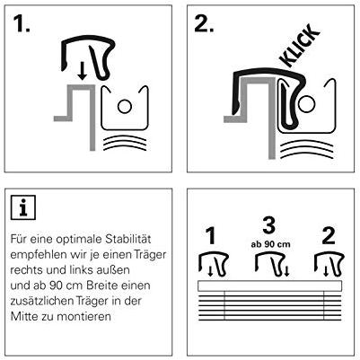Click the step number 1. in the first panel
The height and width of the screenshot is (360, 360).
tap(22, 23)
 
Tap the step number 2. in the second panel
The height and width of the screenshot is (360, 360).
tap(204, 23)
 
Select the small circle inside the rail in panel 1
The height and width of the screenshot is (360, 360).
tap(125, 106)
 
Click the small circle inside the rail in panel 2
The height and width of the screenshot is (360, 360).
tap(307, 104)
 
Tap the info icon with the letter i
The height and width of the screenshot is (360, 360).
tap(23, 207)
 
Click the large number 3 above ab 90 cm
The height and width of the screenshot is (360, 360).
tap(269, 225)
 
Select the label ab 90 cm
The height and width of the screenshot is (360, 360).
tap(270, 244)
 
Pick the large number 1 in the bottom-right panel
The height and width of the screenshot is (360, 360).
tap(212, 235)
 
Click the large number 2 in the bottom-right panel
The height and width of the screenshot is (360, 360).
tap(329, 235)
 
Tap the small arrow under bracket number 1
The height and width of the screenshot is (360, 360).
tap(210, 271)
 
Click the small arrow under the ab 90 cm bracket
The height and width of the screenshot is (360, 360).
tap(286, 271)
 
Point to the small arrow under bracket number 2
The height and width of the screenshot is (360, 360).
tap(327, 271)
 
